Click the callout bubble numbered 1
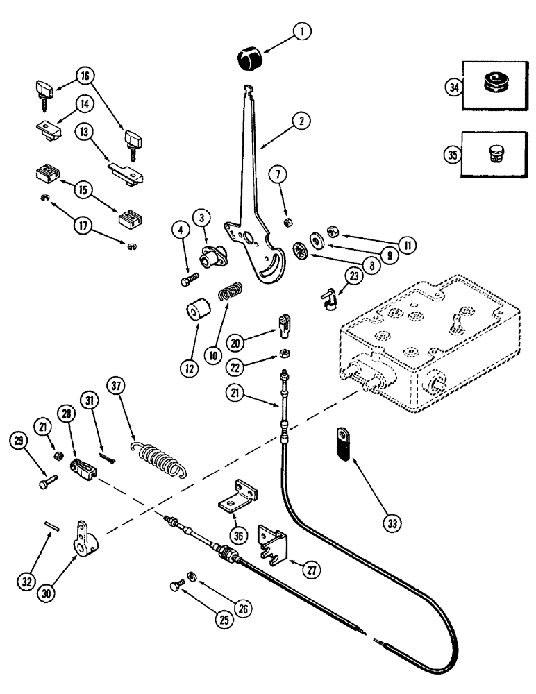pos(303,31)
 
